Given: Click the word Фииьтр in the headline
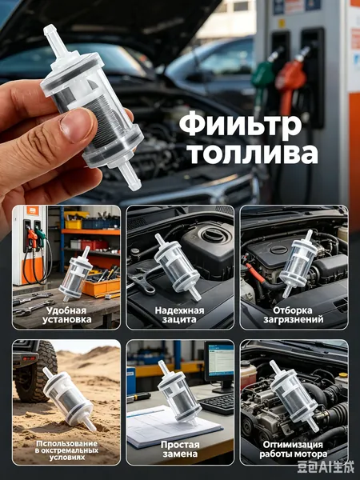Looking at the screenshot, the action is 240,125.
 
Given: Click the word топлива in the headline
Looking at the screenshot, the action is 253,153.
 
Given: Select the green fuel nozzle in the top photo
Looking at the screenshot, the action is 262,77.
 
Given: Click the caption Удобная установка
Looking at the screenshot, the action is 66,315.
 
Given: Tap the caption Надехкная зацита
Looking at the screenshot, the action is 179,315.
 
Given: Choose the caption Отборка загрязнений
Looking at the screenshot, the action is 294,315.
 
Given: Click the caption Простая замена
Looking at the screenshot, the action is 180,449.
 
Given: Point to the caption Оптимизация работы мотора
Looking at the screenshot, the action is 293,449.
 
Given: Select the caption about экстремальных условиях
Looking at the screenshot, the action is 66,450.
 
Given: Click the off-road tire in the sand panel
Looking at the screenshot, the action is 34,371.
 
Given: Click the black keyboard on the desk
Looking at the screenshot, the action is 217,403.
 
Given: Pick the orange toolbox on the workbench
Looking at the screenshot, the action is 101,286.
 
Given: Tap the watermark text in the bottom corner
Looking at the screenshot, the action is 325,467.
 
